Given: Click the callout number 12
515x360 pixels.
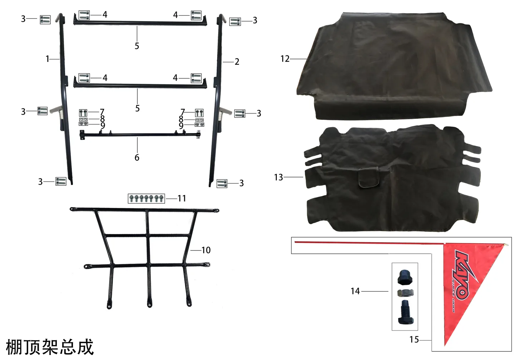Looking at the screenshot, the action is click(285, 59).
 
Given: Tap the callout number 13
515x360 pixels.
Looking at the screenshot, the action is click(278, 177).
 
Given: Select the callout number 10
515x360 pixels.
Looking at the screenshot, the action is click(206, 250).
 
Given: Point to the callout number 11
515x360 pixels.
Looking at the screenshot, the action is click(182, 198).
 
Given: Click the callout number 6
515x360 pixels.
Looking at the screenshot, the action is click(137, 157).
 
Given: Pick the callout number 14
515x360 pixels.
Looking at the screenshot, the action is click(355, 291).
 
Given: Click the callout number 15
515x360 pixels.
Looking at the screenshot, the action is click(414, 340).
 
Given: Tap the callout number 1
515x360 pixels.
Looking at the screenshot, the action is click(48, 59).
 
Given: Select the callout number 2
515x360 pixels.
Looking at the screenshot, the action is click(237, 62).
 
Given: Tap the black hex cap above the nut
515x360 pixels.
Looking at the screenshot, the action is click(405, 277).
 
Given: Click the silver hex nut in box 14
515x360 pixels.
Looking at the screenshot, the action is click(405, 293).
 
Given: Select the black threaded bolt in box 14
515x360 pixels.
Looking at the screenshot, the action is click(406, 312).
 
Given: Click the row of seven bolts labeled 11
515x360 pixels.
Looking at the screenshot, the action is click(146, 199).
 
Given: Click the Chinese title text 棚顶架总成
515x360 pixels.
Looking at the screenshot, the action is click(50, 347).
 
